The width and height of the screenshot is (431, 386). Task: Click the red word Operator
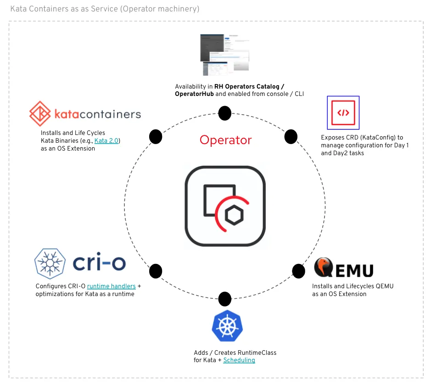point(225,140)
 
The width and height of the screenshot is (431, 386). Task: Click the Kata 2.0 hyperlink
point(106,141)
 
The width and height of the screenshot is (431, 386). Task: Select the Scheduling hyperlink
point(239,360)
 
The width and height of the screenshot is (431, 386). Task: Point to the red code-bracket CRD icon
point(343,112)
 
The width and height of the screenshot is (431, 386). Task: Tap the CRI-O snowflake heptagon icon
point(50,263)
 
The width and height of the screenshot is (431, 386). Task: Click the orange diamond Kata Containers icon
point(40,114)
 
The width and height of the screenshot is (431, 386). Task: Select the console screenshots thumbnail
point(224,54)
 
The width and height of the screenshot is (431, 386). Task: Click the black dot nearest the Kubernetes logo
point(224,299)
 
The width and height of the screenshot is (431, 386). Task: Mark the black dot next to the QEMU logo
point(298,271)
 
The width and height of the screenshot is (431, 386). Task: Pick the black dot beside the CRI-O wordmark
point(156,271)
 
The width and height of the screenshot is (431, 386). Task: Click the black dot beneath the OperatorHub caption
point(224,113)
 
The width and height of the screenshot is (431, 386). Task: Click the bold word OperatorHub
point(194,94)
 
